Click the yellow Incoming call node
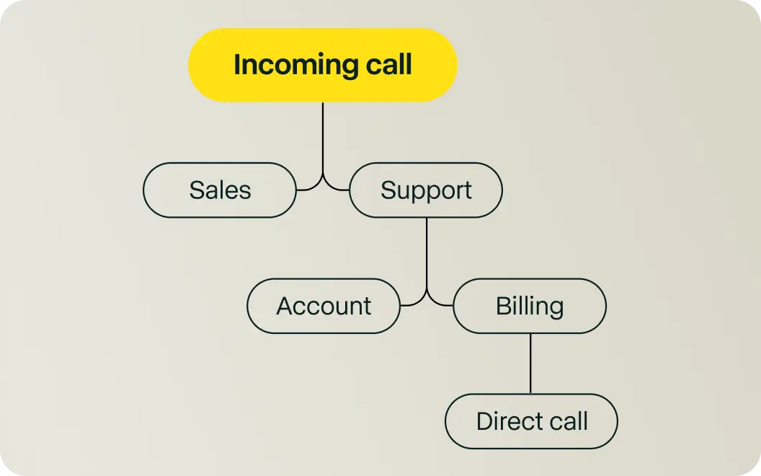[x=322, y=65]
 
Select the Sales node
[x=220, y=190]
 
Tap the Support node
[x=426, y=190]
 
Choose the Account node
[x=324, y=306]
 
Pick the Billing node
[x=530, y=306]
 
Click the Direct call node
[x=532, y=421]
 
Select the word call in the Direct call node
[x=566, y=421]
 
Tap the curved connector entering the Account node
[x=414, y=302]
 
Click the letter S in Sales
[x=196, y=190]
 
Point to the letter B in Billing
[x=503, y=306]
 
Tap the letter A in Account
[x=285, y=306]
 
